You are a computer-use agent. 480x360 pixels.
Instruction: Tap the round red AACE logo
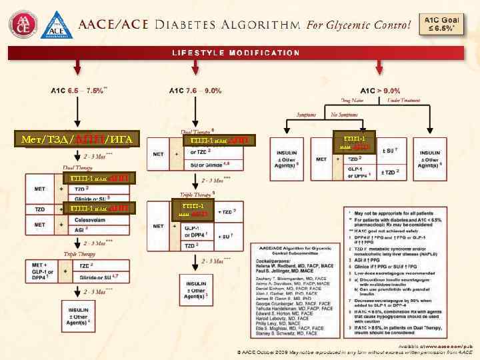[24, 25]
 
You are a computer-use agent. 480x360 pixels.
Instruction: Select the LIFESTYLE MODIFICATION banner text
[237, 53]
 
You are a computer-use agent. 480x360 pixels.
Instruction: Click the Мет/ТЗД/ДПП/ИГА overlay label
[77, 139]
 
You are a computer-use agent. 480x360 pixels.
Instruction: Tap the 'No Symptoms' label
[344, 115]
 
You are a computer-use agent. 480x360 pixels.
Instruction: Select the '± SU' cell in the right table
[388, 151]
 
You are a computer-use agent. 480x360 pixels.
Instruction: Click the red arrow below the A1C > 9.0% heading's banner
[380, 67]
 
